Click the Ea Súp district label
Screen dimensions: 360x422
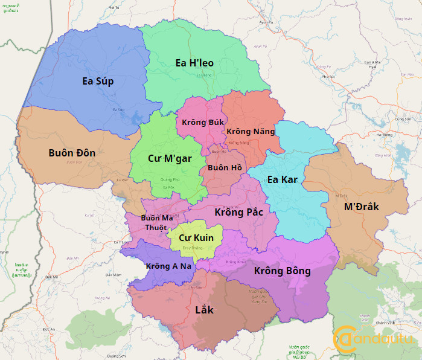pyautogui.click(x=98, y=81)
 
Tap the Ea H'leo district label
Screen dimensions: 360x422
pyautogui.click(x=194, y=63)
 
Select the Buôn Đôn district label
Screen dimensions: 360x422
pyautogui.click(x=72, y=153)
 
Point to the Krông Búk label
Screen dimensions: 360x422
pyautogui.click(x=199, y=122)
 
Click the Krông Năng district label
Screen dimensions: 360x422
pyautogui.click(x=251, y=131)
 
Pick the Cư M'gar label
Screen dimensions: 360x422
pyautogui.click(x=170, y=158)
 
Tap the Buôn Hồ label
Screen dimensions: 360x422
pyautogui.click(x=225, y=167)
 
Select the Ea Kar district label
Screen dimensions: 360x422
pyautogui.click(x=281, y=179)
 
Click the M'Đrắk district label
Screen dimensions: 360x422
pyautogui.click(x=361, y=207)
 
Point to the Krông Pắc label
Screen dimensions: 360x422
pyautogui.click(x=238, y=212)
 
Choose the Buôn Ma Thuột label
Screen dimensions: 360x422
pyautogui.click(x=156, y=222)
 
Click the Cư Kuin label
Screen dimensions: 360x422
pyautogui.click(x=196, y=238)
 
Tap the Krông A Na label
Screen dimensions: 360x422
pyautogui.click(x=164, y=266)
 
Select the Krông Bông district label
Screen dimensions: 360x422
pyautogui.click(x=282, y=271)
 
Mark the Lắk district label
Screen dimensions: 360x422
pyautogui.click(x=205, y=310)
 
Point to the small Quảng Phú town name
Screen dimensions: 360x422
pyautogui.click(x=170, y=179)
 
